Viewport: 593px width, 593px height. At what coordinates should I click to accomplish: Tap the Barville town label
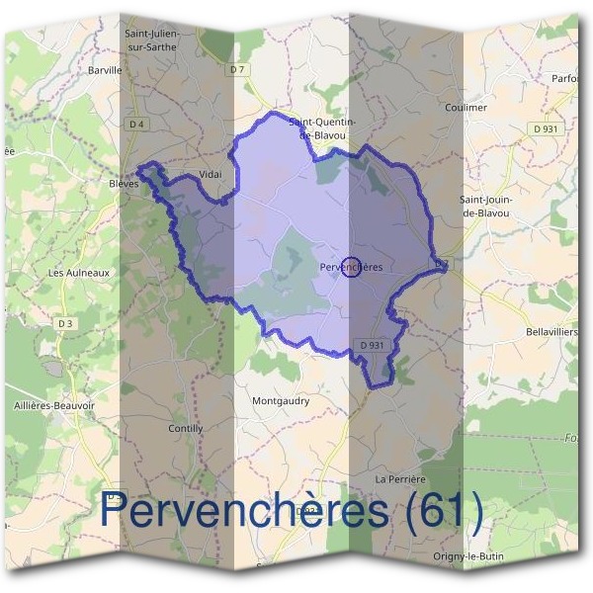[104, 70]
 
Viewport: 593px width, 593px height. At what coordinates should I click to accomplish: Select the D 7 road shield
[235, 69]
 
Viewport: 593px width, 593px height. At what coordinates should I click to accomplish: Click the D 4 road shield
[136, 124]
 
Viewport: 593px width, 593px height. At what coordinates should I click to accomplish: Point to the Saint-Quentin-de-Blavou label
[323, 127]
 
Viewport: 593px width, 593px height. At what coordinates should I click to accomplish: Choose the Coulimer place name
[466, 108]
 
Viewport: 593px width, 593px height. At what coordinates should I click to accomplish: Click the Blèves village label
[124, 183]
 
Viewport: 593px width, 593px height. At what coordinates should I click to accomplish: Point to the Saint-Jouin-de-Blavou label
[484, 206]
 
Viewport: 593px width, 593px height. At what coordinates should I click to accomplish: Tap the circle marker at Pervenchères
[350, 267]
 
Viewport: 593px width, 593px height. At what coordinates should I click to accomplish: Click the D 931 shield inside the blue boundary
[372, 344]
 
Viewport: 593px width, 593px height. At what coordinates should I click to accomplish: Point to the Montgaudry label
[281, 401]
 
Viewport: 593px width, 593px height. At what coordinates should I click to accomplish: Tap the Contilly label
[186, 429]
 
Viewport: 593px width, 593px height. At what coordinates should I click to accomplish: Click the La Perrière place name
[399, 478]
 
